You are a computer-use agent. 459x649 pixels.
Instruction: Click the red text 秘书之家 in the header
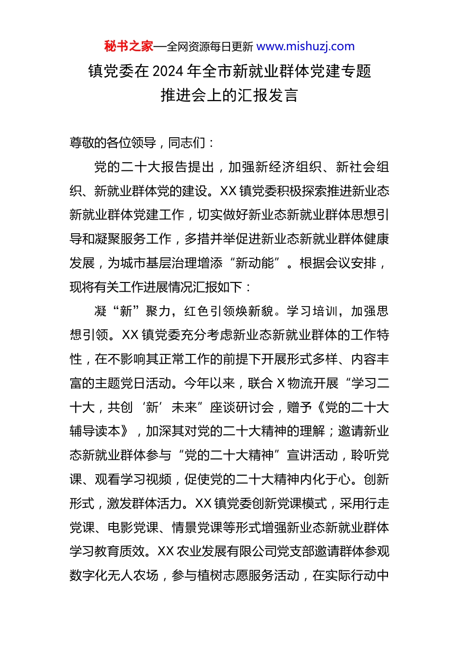(129, 46)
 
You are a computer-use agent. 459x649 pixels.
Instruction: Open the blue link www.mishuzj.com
(305, 46)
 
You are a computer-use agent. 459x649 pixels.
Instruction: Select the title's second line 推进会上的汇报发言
(229, 95)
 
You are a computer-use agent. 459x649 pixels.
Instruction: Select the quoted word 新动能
(255, 263)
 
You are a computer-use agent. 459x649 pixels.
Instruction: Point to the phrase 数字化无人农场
(114, 576)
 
